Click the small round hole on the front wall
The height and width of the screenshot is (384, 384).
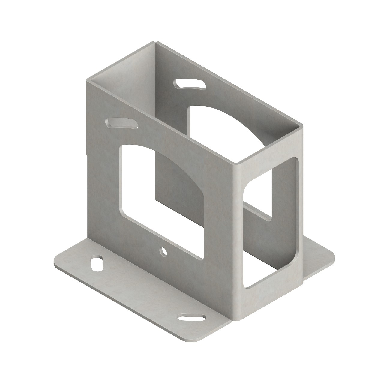click(x=163, y=251)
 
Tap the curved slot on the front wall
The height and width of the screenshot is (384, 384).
click(x=122, y=124)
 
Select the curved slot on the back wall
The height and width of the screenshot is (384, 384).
click(x=190, y=84)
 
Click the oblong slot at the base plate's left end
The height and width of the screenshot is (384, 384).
click(x=96, y=263)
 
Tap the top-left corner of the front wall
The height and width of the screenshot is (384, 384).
click(x=88, y=80)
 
